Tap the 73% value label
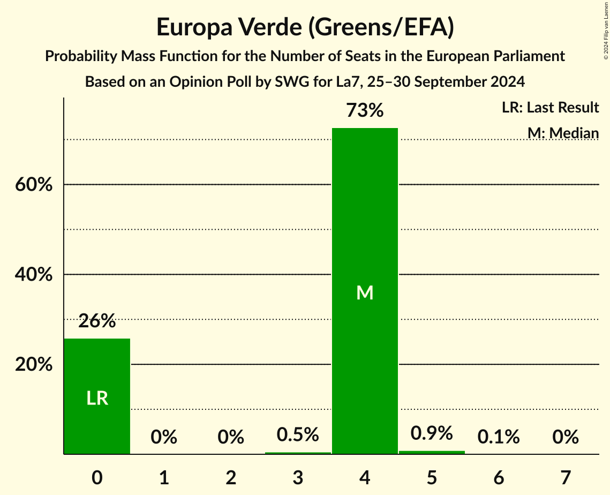tap(365, 111)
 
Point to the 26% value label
tap(97, 321)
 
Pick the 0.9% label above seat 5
tap(432, 433)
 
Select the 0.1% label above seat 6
tap(499, 437)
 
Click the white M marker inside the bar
tap(365, 292)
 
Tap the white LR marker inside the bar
tap(97, 398)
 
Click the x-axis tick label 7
tap(566, 477)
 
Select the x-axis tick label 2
tap(231, 477)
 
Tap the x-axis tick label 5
tap(432, 477)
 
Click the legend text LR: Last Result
tap(550, 108)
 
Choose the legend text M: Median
tap(563, 133)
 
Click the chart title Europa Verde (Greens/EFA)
tap(305, 28)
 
